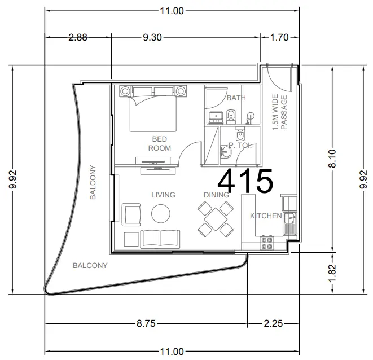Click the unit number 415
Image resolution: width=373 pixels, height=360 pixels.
tap(245, 182)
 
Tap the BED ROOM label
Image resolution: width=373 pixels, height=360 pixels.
tap(160, 143)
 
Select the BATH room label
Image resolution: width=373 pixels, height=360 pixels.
tap(236, 98)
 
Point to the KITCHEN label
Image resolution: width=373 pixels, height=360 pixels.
tap(266, 216)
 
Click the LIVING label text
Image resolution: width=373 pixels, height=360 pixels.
tap(163, 195)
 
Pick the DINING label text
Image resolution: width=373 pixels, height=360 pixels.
tap(216, 195)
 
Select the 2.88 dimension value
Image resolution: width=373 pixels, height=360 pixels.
tap(78, 37)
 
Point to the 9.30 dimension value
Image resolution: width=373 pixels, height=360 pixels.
tap(152, 37)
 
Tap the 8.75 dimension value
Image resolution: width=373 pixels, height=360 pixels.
tap(146, 324)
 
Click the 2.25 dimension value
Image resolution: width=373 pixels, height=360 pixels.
tap(273, 324)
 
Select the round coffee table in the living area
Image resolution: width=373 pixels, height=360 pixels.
tap(160, 214)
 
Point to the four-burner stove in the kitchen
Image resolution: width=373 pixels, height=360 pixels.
tap(267, 243)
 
